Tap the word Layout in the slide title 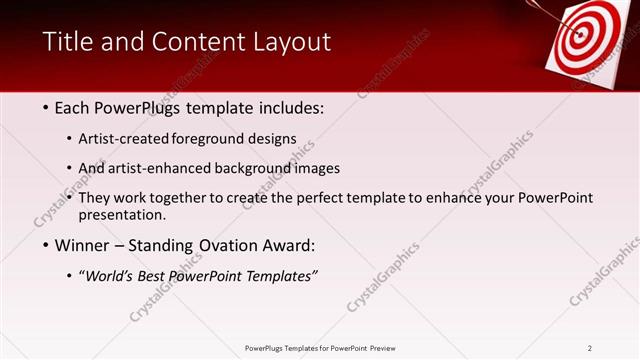tap(291, 42)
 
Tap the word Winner tap(84, 245)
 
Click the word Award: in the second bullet tap(291, 245)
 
